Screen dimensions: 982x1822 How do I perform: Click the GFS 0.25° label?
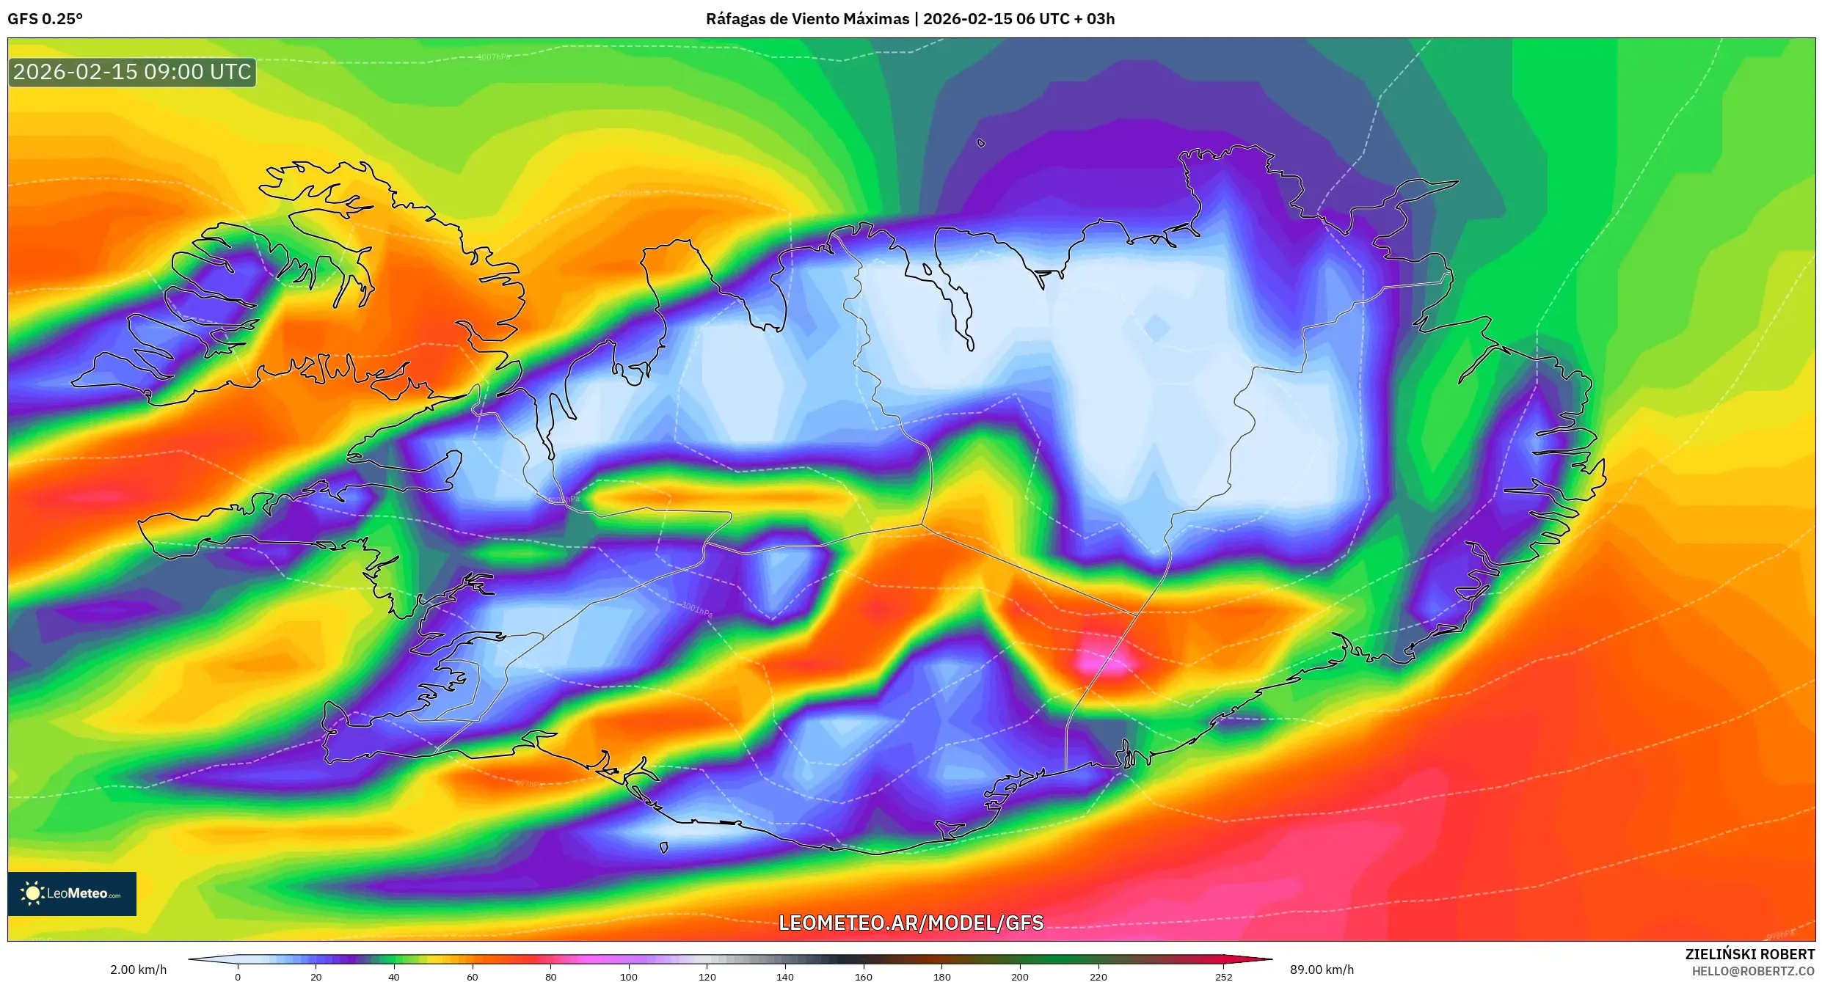45,19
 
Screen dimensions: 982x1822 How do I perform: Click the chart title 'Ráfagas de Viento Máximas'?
806,19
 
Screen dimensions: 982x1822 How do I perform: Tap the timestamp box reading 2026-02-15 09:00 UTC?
132,72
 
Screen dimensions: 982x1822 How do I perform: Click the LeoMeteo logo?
72,893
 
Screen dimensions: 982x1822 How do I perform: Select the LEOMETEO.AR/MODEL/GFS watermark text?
911,923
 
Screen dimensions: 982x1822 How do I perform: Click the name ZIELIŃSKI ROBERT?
1749,954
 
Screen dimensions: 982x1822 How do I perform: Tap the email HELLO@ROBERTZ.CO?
1753,971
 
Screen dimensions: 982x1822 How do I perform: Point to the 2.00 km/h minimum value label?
138,970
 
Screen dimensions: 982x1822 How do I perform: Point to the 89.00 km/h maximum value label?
1322,970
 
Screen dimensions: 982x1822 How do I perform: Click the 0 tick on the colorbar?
237,976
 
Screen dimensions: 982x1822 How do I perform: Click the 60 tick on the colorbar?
472,976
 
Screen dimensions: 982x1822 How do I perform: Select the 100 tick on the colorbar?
628,976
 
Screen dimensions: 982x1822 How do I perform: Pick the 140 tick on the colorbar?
784,976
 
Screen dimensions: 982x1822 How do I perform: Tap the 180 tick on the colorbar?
941,976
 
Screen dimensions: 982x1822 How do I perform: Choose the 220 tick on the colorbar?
1098,976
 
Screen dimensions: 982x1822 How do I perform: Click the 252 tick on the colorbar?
1223,976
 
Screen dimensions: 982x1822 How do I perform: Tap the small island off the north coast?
981,144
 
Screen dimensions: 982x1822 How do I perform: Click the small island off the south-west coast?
663,848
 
